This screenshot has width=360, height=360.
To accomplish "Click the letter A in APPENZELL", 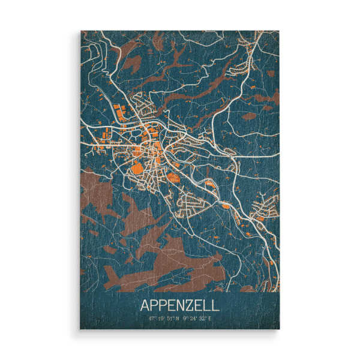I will coord(145,304).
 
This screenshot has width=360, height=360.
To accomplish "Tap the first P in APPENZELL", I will coord(154,304).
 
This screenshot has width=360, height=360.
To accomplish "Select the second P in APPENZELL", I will coord(164,304).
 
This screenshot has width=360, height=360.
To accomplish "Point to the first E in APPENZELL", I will coord(173,304).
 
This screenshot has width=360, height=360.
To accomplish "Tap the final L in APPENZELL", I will coord(217,304).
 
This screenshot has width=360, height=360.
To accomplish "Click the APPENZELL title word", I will coord(180,304).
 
